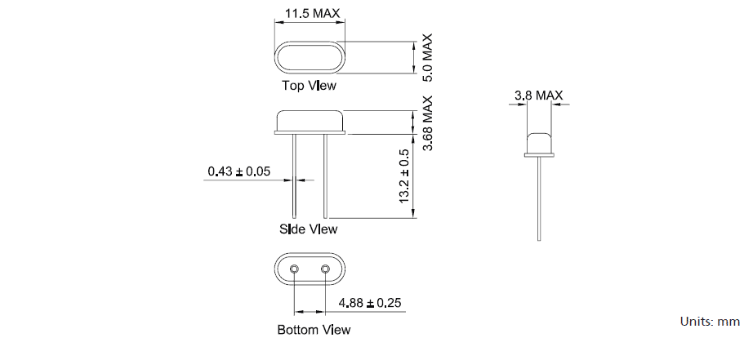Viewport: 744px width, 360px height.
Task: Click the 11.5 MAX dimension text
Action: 313,14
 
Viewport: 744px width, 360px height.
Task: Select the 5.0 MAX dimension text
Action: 427,58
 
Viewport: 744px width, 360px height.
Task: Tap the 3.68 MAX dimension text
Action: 427,123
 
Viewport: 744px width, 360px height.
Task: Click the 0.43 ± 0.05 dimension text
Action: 238,171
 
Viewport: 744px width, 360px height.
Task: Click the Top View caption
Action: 309,85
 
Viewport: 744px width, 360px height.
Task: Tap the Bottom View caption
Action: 314,330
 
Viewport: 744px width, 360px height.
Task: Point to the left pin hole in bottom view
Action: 294,269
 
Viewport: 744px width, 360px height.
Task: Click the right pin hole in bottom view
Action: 325,269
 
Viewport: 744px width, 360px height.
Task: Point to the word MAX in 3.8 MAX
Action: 550,96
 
